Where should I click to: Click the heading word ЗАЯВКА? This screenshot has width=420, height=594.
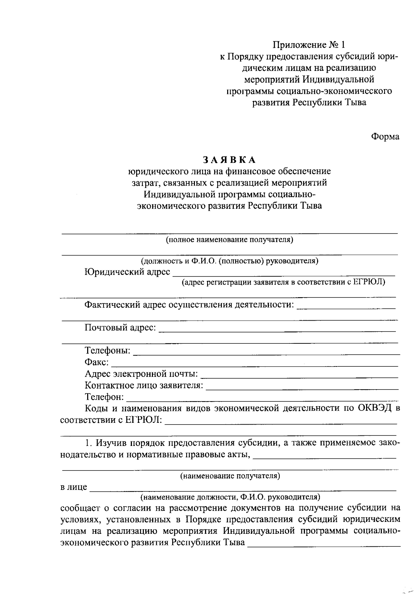[x=229, y=160]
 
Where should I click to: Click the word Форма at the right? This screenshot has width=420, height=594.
[x=385, y=137]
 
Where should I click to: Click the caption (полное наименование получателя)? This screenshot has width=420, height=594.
[x=229, y=240]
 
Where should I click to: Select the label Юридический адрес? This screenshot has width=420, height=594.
[x=127, y=272]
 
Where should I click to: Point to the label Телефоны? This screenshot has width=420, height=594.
[x=108, y=351]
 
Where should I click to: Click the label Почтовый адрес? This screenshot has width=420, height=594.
[x=120, y=328]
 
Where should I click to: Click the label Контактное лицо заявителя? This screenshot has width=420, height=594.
[x=144, y=386]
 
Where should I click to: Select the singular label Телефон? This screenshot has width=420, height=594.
[x=104, y=397]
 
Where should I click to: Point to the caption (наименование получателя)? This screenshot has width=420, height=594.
[x=230, y=476]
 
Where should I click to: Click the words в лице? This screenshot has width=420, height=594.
[x=74, y=487]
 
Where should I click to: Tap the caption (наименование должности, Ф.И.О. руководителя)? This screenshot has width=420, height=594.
[x=230, y=497]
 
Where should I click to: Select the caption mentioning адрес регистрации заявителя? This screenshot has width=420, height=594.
[x=283, y=282]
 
